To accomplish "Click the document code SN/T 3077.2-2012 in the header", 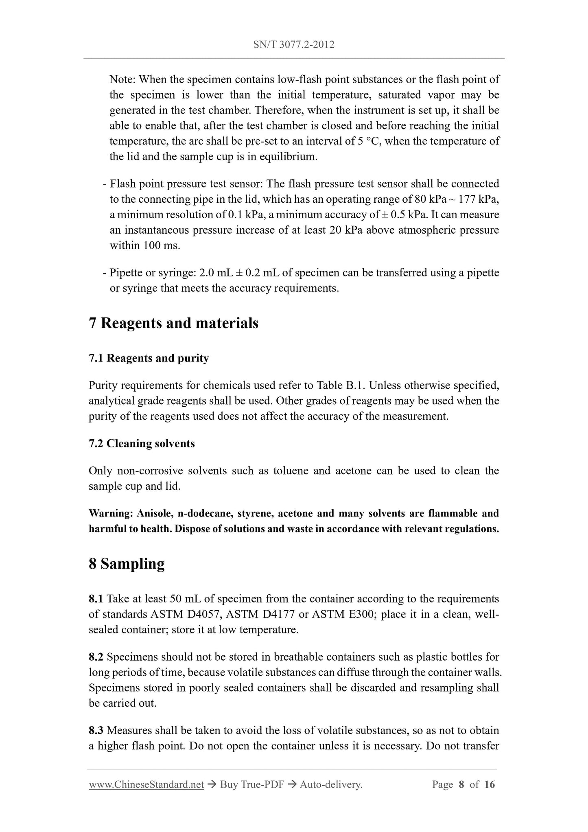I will tap(294, 45).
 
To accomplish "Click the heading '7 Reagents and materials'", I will tap(173, 323).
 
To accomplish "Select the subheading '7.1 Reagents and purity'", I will tap(149, 358).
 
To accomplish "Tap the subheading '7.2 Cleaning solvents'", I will tap(142, 443).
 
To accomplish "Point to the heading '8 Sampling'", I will tap(127, 564).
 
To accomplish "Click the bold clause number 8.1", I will tap(96, 599).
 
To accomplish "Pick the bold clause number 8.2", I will tap(96, 657).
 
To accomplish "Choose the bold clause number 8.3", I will tap(96, 731).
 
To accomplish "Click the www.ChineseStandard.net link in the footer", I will tap(146, 784).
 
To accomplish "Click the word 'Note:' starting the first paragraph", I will tap(123, 79).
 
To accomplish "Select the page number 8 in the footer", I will tap(461, 784).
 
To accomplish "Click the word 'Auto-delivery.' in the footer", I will tap(331, 784).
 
